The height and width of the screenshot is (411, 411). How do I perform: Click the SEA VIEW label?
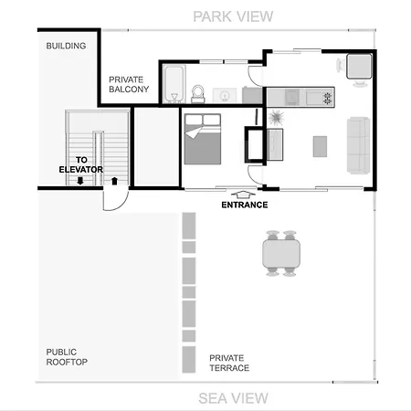tap(233, 397)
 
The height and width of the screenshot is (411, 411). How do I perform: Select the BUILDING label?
tap(66, 45)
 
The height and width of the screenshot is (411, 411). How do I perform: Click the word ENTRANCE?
tap(244, 205)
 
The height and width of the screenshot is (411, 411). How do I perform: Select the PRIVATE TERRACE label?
tap(229, 363)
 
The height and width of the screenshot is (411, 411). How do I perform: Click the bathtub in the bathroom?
tap(174, 85)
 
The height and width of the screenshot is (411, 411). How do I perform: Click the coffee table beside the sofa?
tap(320, 146)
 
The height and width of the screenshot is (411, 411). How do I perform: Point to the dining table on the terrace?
tap(281, 253)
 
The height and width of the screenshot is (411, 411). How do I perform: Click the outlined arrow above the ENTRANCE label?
tap(244, 194)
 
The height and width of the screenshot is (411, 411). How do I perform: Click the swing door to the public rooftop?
tap(111, 197)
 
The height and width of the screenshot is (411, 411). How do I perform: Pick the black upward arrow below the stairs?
tap(114, 180)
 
